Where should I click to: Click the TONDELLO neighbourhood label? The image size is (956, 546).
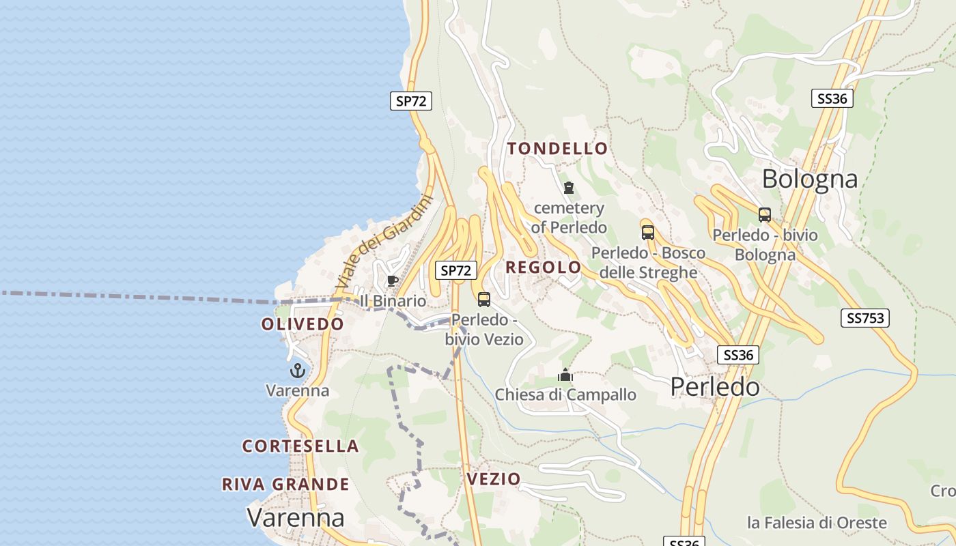click(x=557, y=148)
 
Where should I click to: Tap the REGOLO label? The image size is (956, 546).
click(x=543, y=268)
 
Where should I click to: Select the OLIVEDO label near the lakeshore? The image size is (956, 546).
click(x=302, y=324)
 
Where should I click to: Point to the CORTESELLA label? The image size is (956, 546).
click(x=300, y=446)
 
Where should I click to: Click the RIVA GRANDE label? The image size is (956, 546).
click(x=285, y=485)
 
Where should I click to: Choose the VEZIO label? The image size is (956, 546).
click(x=494, y=479)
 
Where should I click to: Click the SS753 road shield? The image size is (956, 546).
click(x=864, y=317)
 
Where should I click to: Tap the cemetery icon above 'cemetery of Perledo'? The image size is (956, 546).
click(x=568, y=188)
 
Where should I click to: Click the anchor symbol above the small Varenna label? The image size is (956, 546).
click(x=297, y=371)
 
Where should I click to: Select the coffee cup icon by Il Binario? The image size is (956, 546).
click(x=392, y=281)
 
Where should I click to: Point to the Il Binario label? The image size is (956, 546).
click(x=393, y=301)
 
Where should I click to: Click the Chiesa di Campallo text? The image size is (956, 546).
click(x=565, y=394)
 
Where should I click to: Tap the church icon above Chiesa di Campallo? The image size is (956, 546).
click(x=565, y=375)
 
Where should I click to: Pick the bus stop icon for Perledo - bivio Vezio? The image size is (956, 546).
click(x=484, y=299)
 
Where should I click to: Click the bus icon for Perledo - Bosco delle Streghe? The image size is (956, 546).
click(x=647, y=232)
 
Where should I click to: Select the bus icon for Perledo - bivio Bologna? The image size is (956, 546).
click(x=765, y=215)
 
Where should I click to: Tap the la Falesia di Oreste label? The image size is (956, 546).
click(x=817, y=523)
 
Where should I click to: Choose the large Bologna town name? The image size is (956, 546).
click(x=809, y=179)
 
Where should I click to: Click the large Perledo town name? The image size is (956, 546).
click(x=714, y=387)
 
